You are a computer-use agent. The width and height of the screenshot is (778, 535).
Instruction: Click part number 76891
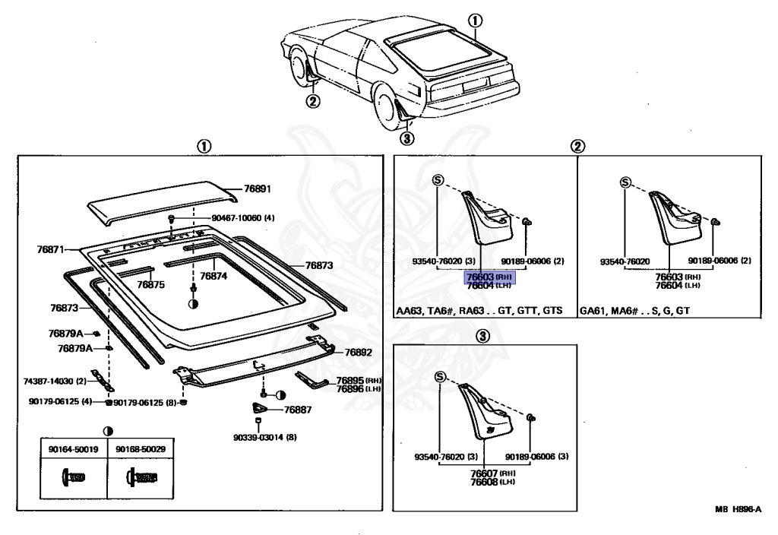point(258,188)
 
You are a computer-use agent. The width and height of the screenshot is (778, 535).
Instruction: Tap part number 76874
point(213,277)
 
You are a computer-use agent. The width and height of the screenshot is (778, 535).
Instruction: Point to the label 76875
point(150,284)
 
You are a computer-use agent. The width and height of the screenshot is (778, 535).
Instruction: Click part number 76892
point(359,352)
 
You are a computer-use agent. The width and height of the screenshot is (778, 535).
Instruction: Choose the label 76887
point(299,409)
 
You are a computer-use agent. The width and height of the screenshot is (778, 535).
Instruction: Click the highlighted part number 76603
point(480,278)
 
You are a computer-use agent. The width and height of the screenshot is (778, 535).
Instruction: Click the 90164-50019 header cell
point(73,449)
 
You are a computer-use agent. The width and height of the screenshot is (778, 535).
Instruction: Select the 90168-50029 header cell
point(141,449)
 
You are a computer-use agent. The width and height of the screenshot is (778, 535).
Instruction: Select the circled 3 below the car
point(407,138)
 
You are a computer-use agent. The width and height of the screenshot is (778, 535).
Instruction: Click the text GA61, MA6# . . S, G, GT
point(635,311)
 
